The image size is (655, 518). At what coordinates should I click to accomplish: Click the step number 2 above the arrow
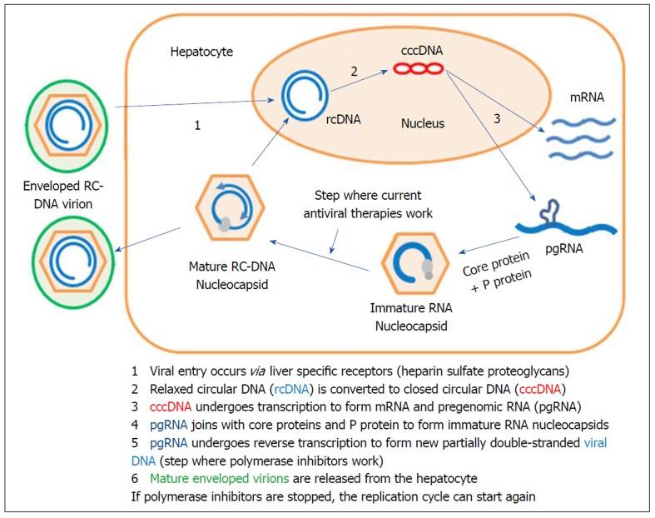pos(355,72)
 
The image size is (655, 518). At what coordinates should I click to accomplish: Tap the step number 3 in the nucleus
pos(497,119)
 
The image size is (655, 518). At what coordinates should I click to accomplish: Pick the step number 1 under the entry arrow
pos(196,125)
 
